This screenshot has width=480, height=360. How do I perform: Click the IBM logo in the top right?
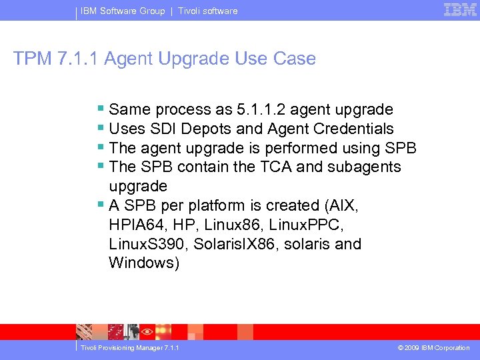[x=460, y=9]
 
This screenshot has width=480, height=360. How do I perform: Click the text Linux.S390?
[x=147, y=244]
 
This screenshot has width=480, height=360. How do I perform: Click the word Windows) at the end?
[x=144, y=263]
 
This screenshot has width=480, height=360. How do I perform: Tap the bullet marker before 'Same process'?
[x=100, y=109]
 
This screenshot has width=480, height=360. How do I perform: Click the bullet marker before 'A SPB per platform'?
[x=100, y=205]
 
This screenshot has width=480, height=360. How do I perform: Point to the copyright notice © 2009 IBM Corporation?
[x=433, y=348]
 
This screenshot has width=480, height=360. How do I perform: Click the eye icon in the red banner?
[x=148, y=331]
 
